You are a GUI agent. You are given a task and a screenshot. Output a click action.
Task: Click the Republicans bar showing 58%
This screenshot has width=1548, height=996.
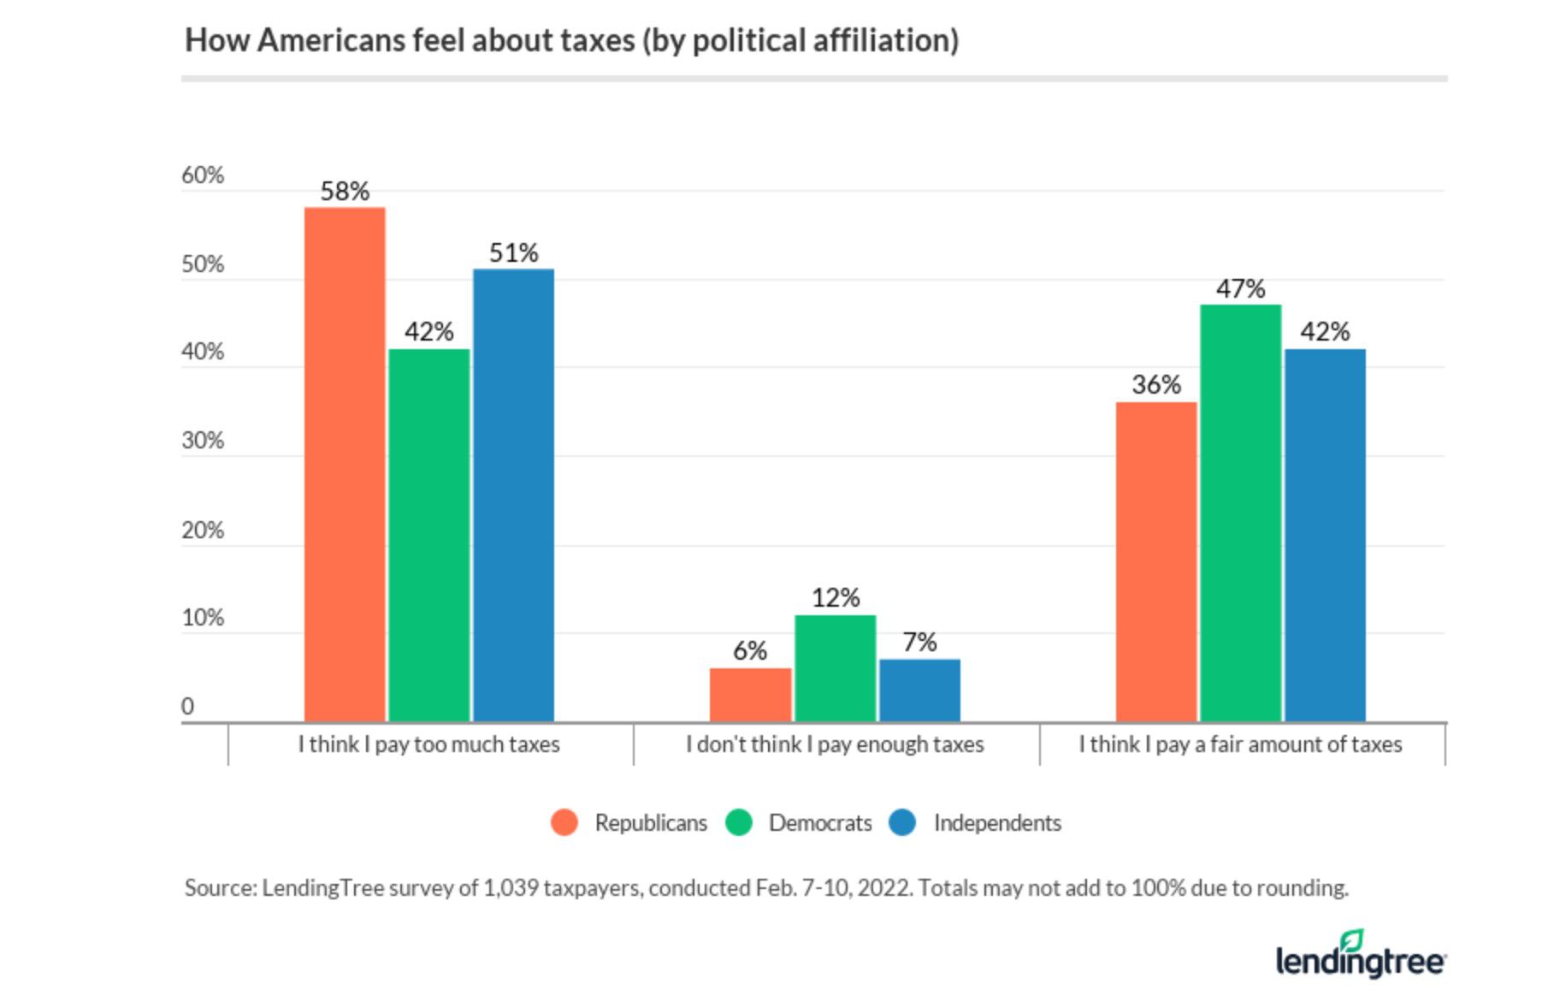[345, 465]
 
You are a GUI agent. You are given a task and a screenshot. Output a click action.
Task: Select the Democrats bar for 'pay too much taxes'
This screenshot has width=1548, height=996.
[428, 536]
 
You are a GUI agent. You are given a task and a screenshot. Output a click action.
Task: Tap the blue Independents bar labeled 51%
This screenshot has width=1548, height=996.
[513, 495]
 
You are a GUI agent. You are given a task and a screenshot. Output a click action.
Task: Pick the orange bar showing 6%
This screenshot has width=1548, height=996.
[750, 695]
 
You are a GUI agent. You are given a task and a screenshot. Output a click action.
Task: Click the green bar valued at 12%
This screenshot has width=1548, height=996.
[835, 668]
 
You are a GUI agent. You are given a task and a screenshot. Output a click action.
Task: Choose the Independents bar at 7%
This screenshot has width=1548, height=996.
[919, 691]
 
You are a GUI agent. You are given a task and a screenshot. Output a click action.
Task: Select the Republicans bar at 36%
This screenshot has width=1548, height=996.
[1156, 562]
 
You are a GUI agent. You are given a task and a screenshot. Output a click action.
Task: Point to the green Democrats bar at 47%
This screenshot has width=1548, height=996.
[1240, 513]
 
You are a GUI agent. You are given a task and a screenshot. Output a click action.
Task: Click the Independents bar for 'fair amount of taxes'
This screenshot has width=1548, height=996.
[1325, 536]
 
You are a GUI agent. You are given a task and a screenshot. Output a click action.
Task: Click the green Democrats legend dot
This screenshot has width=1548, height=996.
[738, 823]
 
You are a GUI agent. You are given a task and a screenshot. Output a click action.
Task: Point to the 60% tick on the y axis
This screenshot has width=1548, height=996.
[203, 175]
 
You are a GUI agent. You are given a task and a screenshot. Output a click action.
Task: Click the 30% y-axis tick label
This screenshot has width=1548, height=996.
[203, 441]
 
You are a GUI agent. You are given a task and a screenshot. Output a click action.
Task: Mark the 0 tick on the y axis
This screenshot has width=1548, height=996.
[188, 707]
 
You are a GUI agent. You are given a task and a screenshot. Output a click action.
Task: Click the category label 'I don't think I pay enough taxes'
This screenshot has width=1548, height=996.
[835, 744]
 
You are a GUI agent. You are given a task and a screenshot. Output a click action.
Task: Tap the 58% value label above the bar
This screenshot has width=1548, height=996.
[345, 192]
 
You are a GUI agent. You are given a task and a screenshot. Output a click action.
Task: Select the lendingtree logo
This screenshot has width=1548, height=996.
[1360, 956]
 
